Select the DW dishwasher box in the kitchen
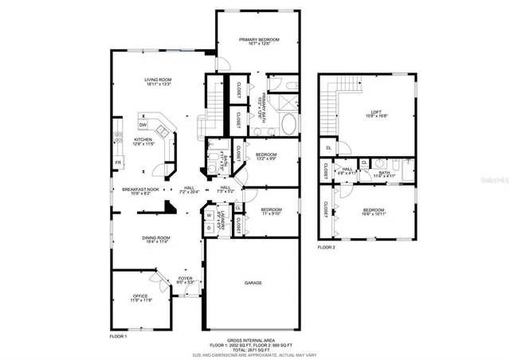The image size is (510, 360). (143, 125)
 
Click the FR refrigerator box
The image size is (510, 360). (117, 162)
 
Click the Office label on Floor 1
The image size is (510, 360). (139, 299)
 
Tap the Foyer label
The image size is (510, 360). (184, 280)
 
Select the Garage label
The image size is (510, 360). (253, 283)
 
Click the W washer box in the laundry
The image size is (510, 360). (209, 214)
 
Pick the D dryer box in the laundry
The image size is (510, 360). (209, 226)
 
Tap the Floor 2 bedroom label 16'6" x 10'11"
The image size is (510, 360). (374, 212)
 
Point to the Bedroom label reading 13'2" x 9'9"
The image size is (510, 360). (265, 156)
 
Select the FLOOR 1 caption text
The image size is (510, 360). (119, 337)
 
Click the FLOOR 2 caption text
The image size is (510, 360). (327, 247)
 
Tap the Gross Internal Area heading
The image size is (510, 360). (253, 338)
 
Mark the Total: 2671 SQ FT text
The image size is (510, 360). (253, 348)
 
